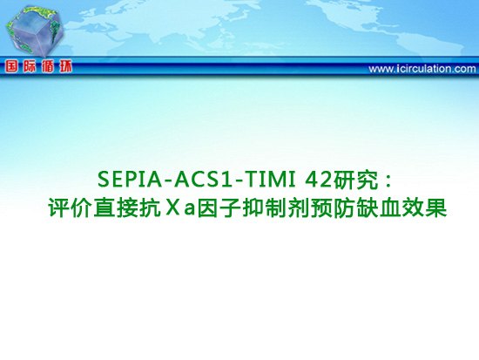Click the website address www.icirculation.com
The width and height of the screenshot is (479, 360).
point(422,69)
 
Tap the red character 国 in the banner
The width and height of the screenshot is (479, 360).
point(11,66)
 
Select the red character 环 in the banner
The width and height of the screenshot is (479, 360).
point(65,66)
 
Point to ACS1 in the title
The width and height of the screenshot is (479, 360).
point(204,180)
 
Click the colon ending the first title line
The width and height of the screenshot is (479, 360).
point(388,181)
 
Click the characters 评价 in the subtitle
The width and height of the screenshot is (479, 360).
point(71,208)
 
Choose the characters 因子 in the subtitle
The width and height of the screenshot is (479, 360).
point(219,208)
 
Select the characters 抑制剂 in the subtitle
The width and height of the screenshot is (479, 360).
point(277,208)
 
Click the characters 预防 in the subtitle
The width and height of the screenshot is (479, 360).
point(334,208)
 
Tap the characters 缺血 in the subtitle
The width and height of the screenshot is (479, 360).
point(379,208)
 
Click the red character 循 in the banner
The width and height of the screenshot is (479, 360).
point(48,66)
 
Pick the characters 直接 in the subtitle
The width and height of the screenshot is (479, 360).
point(116,208)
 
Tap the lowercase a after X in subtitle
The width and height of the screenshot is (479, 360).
point(189,211)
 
